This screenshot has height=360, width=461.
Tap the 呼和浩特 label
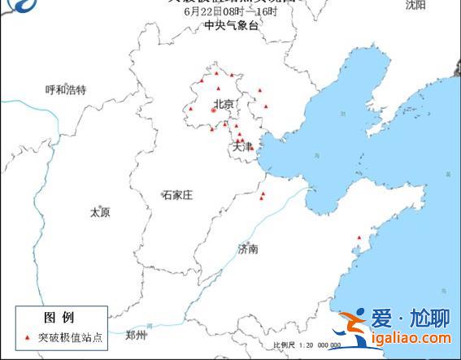66,89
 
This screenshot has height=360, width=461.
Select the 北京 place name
224,103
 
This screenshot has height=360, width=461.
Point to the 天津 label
243,146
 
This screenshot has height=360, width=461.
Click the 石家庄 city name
176,195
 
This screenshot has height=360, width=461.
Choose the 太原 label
100,212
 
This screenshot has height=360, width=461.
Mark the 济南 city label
248,249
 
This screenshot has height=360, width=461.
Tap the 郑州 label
137,335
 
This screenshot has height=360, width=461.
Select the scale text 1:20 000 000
318,345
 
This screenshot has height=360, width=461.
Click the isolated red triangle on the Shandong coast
358,237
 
